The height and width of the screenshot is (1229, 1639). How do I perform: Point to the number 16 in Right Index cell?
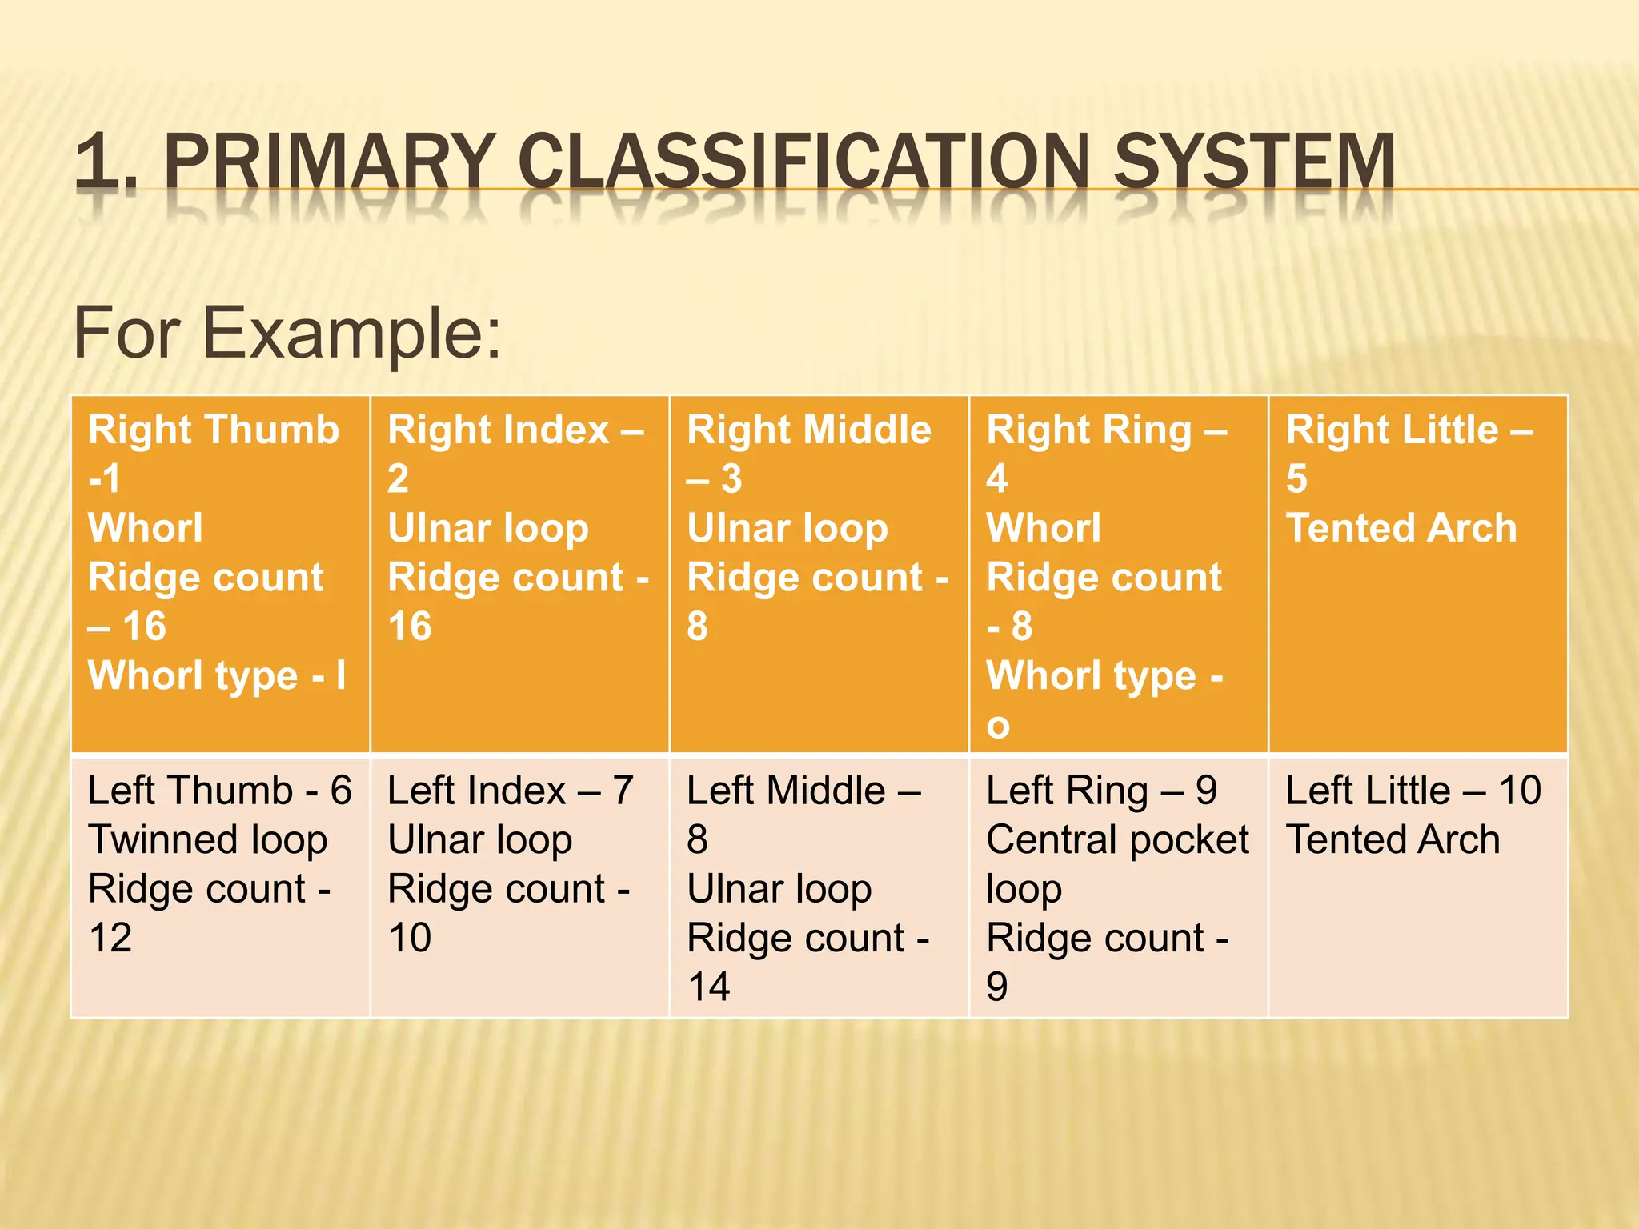click(x=409, y=627)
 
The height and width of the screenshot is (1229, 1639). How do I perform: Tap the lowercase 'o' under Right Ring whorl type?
click(x=997, y=726)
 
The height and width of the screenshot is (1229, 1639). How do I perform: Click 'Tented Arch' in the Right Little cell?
click(x=1401, y=529)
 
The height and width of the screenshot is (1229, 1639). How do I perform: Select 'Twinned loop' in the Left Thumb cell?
click(x=208, y=840)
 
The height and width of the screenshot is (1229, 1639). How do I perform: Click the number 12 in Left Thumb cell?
click(x=110, y=938)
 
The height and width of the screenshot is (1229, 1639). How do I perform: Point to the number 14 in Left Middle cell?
click(x=708, y=987)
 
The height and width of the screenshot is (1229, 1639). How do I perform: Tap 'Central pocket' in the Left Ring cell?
click(x=1117, y=840)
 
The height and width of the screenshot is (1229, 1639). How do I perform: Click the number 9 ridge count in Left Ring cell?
click(x=997, y=987)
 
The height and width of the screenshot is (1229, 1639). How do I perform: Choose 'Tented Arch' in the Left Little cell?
click(x=1393, y=840)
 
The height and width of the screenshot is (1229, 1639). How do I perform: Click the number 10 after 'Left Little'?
click(x=1520, y=791)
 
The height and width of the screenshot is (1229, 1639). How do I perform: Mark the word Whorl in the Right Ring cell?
click(x=1044, y=529)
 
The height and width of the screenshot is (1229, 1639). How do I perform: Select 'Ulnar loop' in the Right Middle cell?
click(x=787, y=529)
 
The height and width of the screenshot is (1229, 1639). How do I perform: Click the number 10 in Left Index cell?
click(x=409, y=938)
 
